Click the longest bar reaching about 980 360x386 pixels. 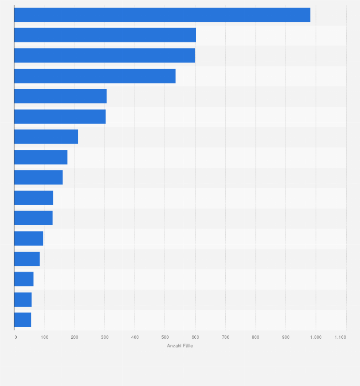pyautogui.click(x=162, y=15)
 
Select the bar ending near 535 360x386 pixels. pyautogui.click(x=95, y=76)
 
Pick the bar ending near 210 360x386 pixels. pyautogui.click(x=46, y=137)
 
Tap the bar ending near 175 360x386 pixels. pyautogui.click(x=41, y=157)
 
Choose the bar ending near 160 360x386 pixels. pyautogui.click(x=38, y=177)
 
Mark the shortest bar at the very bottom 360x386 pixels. pyautogui.click(x=22, y=320)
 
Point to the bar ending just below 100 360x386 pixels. pyautogui.click(x=29, y=239)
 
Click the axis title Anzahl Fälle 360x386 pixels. pyautogui.click(x=180, y=346)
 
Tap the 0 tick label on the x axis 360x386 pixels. pyautogui.click(x=15, y=337)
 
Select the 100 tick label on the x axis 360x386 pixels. pyautogui.click(x=44, y=337)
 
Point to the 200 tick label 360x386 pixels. pyautogui.click(x=74, y=337)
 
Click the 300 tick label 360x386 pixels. pyautogui.click(x=105, y=337)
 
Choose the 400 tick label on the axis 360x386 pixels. pyautogui.click(x=135, y=337)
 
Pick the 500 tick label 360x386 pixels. pyautogui.click(x=165, y=337)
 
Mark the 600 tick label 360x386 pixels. pyautogui.click(x=195, y=337)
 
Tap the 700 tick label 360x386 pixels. pyautogui.click(x=225, y=337)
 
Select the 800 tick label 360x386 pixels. pyautogui.click(x=255, y=337)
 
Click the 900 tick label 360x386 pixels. pyautogui.click(x=286, y=337)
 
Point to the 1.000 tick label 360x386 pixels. pyautogui.click(x=316, y=337)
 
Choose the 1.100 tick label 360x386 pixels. pyautogui.click(x=340, y=337)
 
